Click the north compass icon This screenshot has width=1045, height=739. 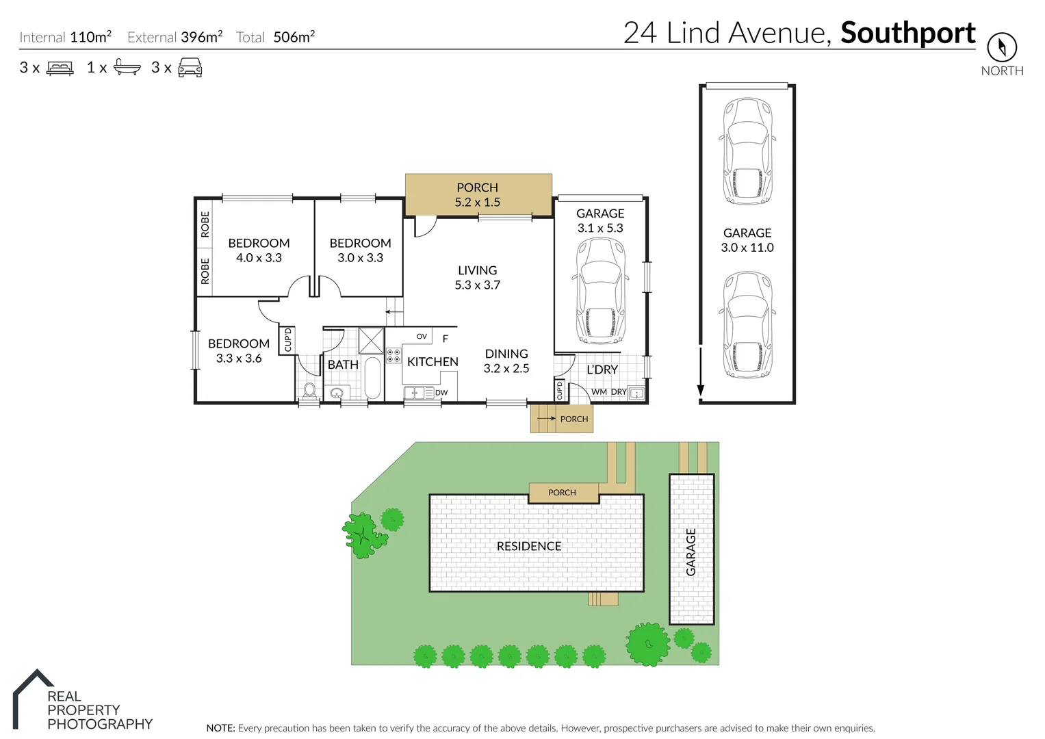[1001, 47]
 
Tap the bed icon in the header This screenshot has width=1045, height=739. [60, 68]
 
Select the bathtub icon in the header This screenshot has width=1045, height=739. [127, 67]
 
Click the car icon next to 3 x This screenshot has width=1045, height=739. [190, 67]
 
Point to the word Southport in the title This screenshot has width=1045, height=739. [907, 33]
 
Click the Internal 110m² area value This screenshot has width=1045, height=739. [90, 37]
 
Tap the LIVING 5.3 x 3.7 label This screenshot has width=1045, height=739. [477, 278]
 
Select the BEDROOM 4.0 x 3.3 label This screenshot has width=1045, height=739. [259, 250]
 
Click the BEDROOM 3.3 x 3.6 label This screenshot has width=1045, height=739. [238, 350]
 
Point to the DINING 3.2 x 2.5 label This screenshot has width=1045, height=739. [506, 361]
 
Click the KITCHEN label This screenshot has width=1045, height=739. [433, 362]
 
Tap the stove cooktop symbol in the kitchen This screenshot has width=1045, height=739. [394, 355]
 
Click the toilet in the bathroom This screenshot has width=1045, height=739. [309, 391]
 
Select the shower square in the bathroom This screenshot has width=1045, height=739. [371, 340]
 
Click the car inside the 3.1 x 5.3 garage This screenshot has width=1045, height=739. [600, 291]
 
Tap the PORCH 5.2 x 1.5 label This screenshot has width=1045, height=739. [477, 194]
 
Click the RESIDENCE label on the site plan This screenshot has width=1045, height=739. [528, 546]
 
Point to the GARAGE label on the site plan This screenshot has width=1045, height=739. [691, 552]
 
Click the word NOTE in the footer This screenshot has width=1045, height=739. [220, 728]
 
